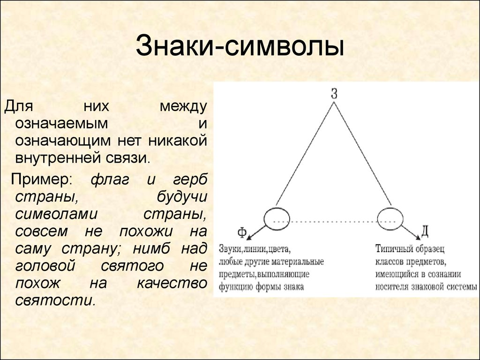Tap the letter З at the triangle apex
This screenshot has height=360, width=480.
pyautogui.click(x=334, y=93)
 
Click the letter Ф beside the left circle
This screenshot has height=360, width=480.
pyautogui.click(x=242, y=232)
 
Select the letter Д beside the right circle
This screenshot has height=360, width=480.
pyautogui.click(x=425, y=231)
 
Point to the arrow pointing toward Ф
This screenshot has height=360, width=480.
pyautogui.click(x=256, y=232)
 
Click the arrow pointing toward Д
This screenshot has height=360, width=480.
pyautogui.click(x=411, y=232)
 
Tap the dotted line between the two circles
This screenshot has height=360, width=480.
pyautogui.click(x=334, y=221)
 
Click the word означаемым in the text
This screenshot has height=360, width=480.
pyautogui.click(x=61, y=123)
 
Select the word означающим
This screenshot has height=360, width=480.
pyautogui.click(x=63, y=141)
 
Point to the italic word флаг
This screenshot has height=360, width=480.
pyautogui.click(x=110, y=180)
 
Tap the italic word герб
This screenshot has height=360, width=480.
pyautogui.click(x=190, y=180)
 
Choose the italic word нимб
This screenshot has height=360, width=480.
pyautogui.click(x=151, y=248)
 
